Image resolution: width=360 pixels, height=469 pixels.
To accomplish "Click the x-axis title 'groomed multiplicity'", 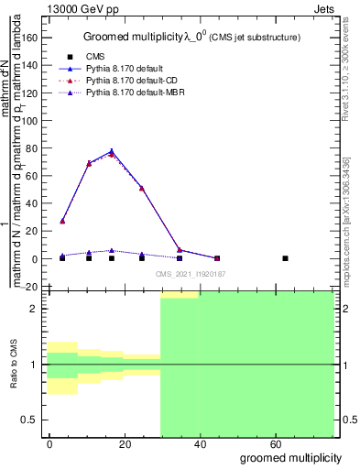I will [x=290, y=456].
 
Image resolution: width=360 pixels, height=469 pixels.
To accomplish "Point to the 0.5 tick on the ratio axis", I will [x=30, y=420].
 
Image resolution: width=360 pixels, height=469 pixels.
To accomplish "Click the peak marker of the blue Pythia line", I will [x=112, y=151].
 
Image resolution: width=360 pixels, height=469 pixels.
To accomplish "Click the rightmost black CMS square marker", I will [x=286, y=258].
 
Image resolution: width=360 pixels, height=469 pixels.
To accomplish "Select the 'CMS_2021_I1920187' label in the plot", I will [x=190, y=274].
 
